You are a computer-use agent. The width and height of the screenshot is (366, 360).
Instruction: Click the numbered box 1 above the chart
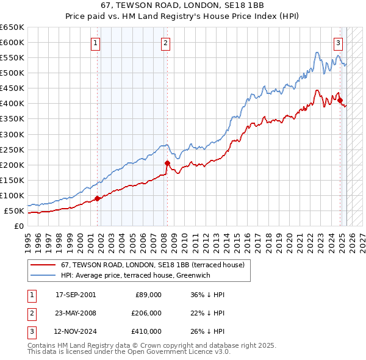(x=97, y=43)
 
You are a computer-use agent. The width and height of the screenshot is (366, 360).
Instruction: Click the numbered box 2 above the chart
(x=166, y=43)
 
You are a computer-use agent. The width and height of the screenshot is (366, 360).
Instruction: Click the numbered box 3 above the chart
(x=338, y=43)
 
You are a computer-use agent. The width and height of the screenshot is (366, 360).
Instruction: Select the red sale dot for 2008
(x=167, y=163)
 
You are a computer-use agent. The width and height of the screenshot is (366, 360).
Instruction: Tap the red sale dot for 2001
(x=97, y=198)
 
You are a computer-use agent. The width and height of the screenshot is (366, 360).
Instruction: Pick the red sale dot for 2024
(x=340, y=100)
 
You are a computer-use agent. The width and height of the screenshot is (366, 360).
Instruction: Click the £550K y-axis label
(x=12, y=57)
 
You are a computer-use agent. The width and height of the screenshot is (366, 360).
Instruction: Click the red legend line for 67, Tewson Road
(x=43, y=265)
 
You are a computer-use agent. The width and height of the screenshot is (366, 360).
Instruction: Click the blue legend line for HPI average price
(x=43, y=275)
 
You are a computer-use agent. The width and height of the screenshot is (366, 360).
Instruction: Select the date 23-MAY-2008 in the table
(x=76, y=313)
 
